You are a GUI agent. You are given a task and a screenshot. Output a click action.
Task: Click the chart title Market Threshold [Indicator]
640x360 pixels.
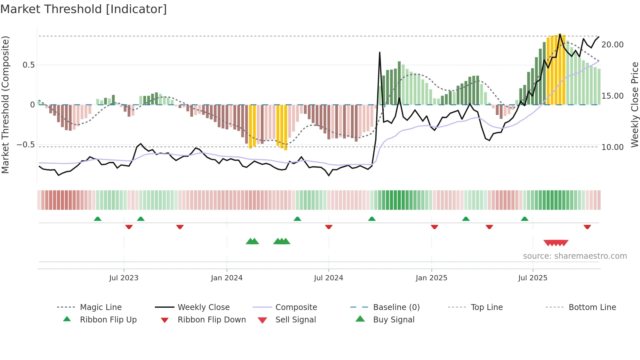84,9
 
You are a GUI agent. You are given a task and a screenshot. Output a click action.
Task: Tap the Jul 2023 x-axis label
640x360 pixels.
124,278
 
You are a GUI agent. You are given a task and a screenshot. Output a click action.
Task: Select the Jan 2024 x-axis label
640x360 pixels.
227,278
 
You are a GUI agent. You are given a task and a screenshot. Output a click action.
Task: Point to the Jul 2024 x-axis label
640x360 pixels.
328,278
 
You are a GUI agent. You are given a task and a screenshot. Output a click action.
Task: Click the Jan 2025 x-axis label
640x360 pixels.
431,278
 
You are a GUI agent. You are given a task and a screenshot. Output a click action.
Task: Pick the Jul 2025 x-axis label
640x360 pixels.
533,278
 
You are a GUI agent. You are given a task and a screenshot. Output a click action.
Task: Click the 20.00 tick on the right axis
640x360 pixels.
612,45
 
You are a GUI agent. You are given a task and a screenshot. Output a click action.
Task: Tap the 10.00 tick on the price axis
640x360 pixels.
612,147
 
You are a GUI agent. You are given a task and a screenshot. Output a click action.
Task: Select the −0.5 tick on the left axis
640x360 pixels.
26,145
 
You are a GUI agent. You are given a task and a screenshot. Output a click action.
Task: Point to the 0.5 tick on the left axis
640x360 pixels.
28,65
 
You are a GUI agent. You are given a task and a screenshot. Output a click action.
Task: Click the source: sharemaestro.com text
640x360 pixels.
575,256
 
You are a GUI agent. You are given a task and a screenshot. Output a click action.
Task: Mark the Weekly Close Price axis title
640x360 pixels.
634,105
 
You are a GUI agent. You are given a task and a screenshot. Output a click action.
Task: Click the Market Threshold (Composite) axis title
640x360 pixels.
5,105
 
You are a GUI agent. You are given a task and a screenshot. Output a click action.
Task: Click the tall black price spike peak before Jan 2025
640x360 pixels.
380,52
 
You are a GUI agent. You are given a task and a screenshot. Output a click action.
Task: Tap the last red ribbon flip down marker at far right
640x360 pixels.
587,227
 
